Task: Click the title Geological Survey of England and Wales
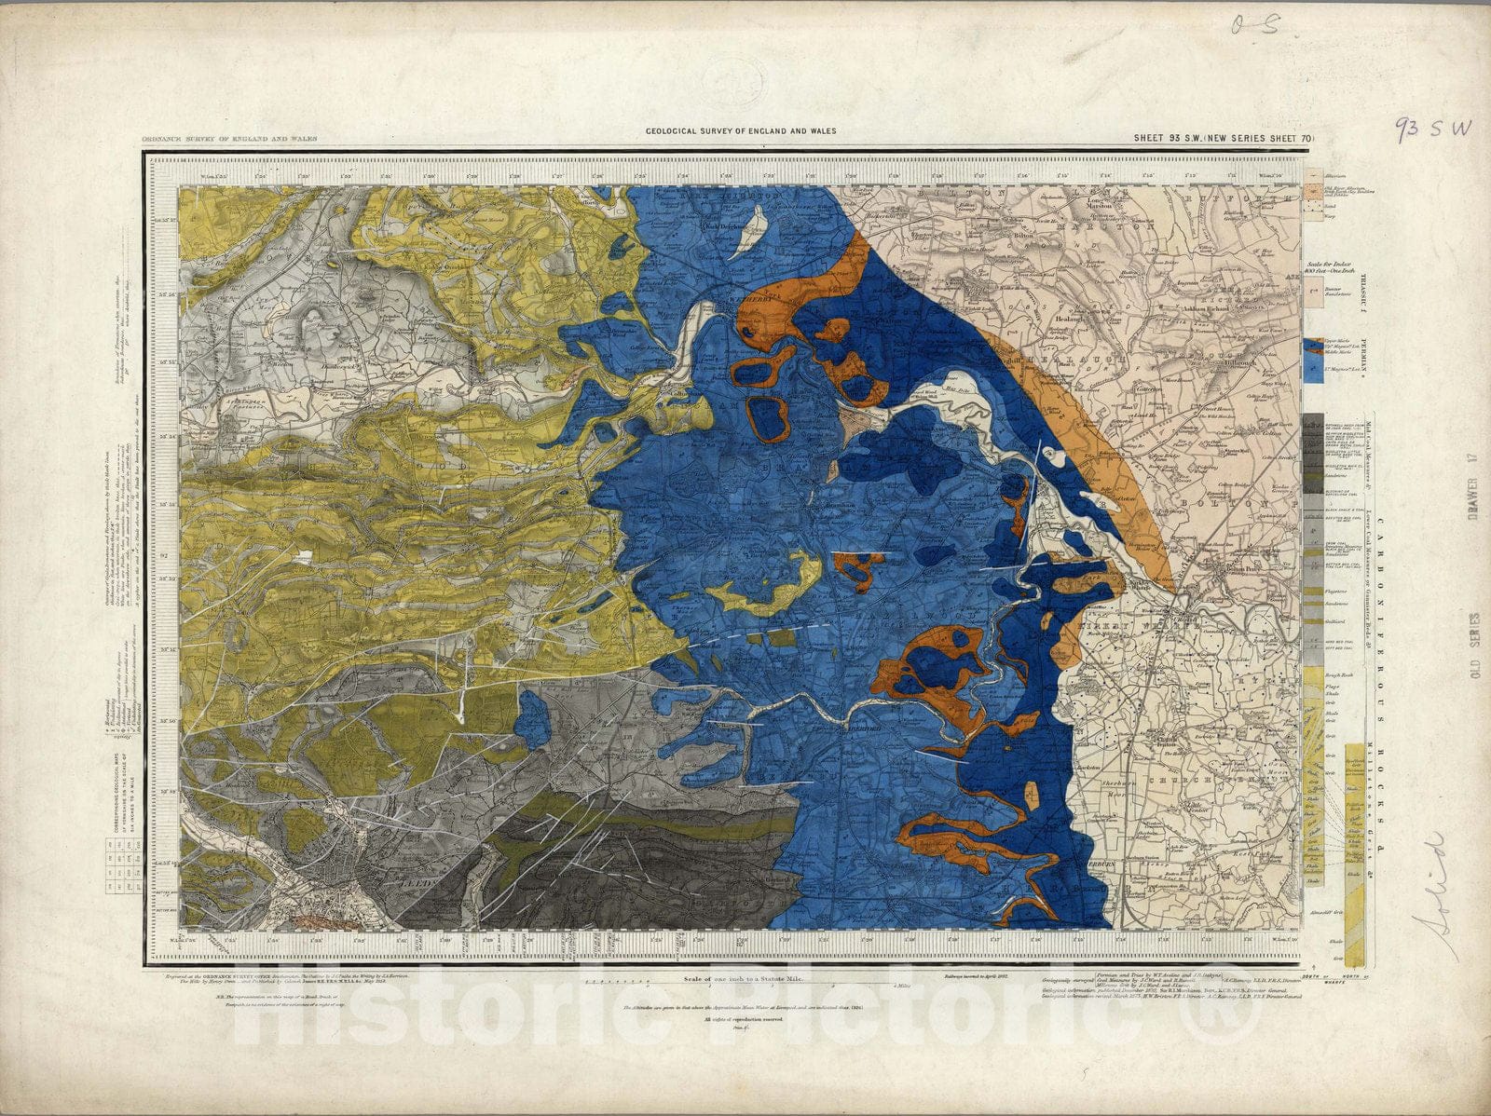click(x=741, y=131)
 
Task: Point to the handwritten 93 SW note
click(x=1432, y=129)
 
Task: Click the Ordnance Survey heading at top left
click(x=216, y=138)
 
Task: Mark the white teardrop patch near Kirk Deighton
click(x=750, y=233)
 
